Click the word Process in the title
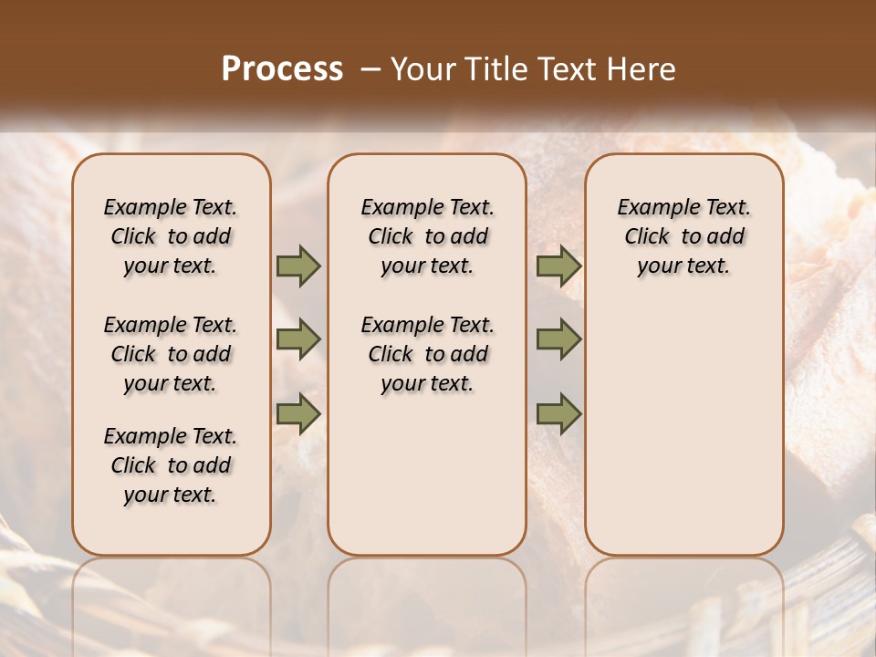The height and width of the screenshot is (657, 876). tap(282, 69)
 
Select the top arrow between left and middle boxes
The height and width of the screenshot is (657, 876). tap(298, 266)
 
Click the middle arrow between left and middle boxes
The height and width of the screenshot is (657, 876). tap(298, 339)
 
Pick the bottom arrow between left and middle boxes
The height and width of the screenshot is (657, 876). tap(298, 414)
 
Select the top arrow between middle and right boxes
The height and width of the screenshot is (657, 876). tap(558, 266)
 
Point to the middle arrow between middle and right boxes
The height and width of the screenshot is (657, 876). tap(558, 339)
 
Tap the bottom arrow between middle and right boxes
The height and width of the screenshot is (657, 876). tap(558, 414)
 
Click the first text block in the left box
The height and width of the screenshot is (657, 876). tap(171, 236)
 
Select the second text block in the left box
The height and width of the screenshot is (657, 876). tap(171, 354)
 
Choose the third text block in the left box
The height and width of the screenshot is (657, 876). tap(171, 465)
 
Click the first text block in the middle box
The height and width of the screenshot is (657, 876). tap(428, 236)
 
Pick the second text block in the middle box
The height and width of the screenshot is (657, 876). tap(428, 354)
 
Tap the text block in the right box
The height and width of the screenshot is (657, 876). tap(684, 236)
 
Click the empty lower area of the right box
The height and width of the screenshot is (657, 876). tap(684, 438)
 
